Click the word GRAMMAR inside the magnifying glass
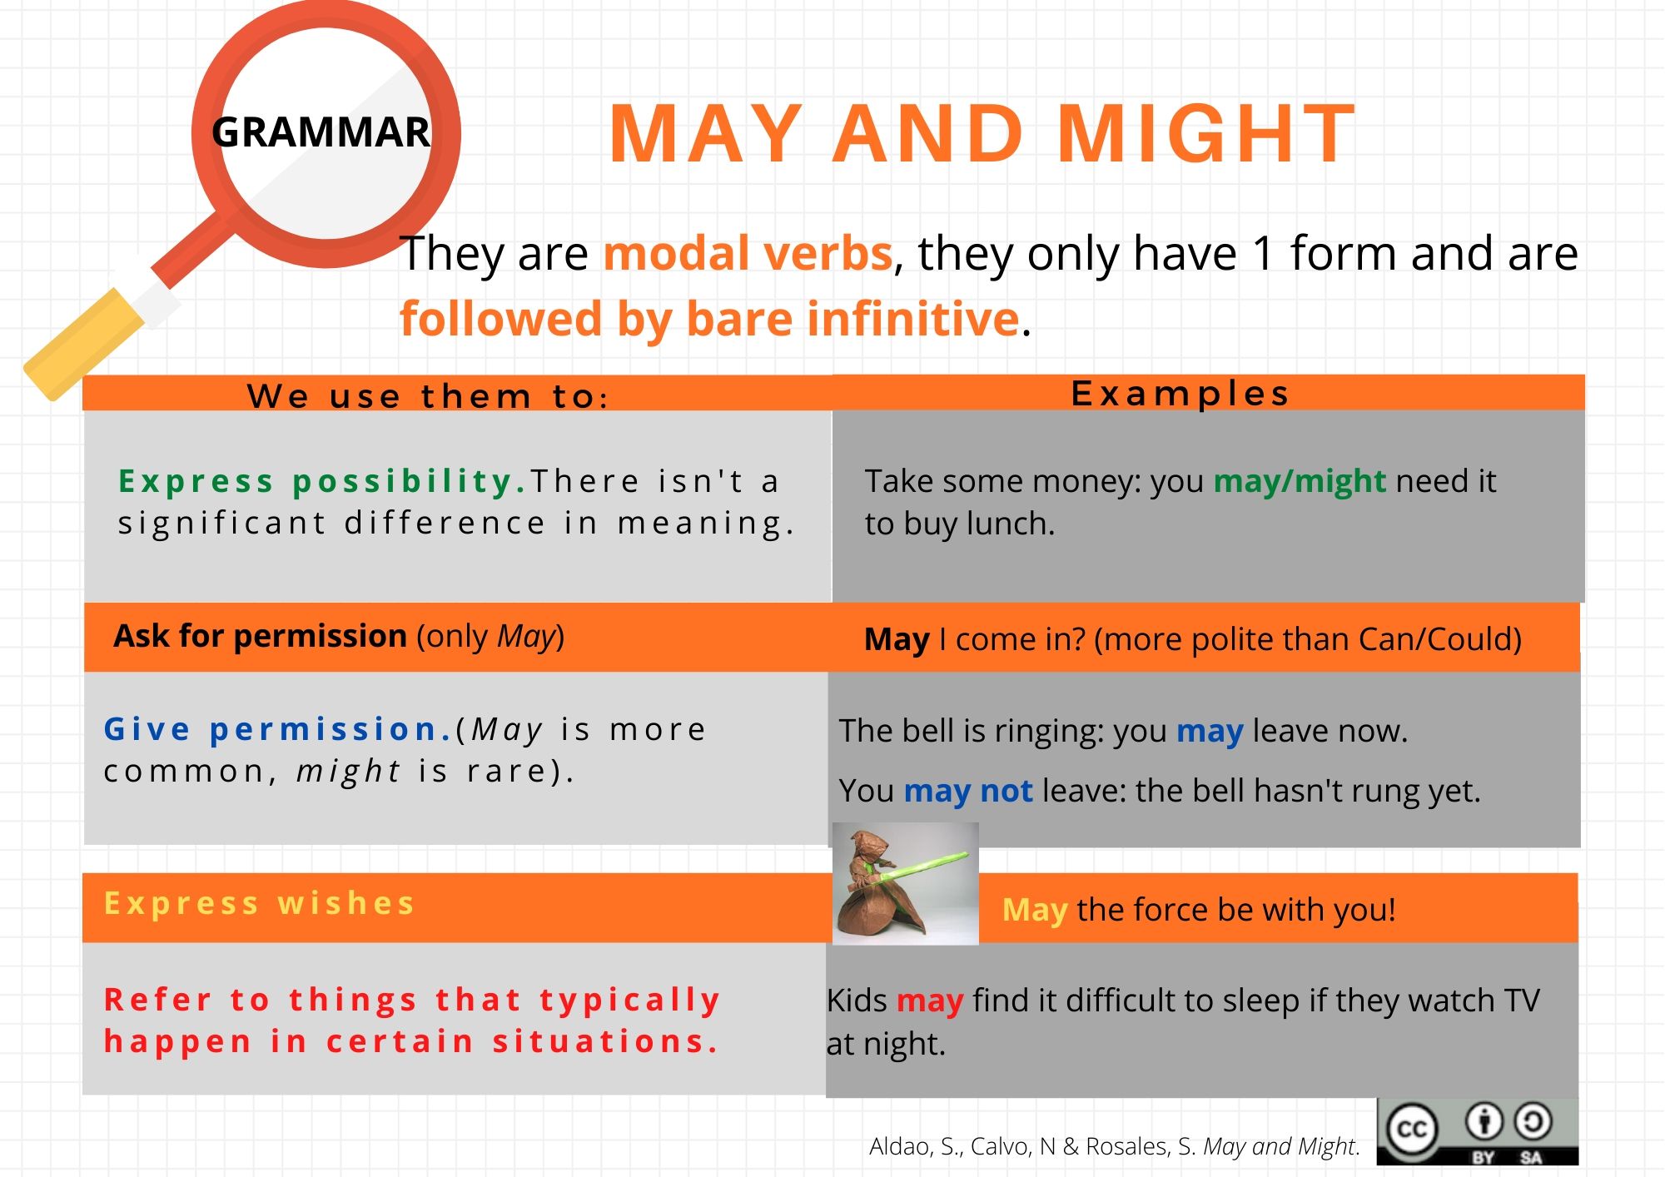pyautogui.click(x=321, y=132)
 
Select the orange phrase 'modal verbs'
pyautogui.click(x=748, y=253)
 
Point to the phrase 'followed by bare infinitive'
pyautogui.click(x=710, y=319)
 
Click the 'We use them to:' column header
pyautogui.click(x=428, y=396)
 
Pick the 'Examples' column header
pyautogui.click(x=1180, y=394)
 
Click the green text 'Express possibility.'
pyautogui.click(x=322, y=481)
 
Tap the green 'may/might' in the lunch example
pyautogui.click(x=1300, y=481)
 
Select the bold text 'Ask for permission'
pyautogui.click(x=260, y=636)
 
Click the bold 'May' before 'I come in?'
pyautogui.click(x=897, y=640)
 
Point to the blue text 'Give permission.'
pyautogui.click(x=278, y=730)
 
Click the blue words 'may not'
pyautogui.click(x=968, y=791)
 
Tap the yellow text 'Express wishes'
pyautogui.click(x=259, y=903)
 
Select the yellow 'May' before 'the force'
pyautogui.click(x=1035, y=910)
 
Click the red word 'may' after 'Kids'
pyautogui.click(x=930, y=1001)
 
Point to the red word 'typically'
pyautogui.click(x=629, y=1001)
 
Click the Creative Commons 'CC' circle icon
pyautogui.click(x=1411, y=1130)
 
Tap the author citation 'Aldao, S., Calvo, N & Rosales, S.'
pyautogui.click(x=1032, y=1146)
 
